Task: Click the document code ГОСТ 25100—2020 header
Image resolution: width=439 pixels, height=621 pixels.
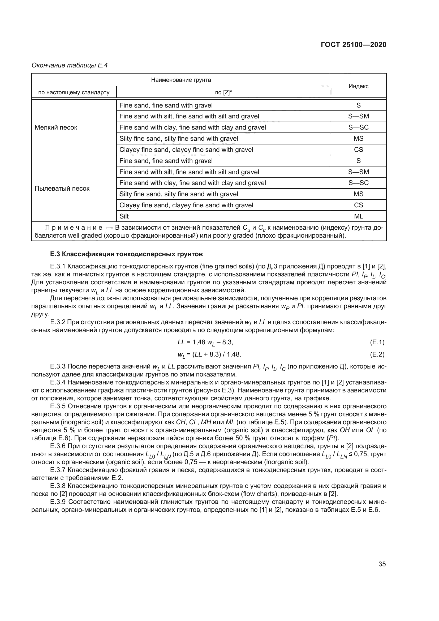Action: pos(353,45)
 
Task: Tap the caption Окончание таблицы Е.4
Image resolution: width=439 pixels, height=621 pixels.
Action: pos(70,65)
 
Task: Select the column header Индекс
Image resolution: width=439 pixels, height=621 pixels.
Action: pos(358,86)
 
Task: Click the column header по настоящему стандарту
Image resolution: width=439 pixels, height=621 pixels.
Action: pos(74,92)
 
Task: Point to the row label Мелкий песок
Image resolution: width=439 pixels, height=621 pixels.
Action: pos(56,127)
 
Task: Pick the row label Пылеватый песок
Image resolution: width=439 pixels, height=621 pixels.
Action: pos(62,189)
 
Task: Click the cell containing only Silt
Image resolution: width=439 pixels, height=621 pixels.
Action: pos(124,216)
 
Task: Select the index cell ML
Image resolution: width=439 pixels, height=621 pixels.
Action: pos(358,216)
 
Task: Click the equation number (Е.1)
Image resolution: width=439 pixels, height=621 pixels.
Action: pos(377,342)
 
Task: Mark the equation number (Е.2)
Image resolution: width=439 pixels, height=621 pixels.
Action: pos(377,354)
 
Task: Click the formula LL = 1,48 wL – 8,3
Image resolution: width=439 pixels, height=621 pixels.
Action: pos(205,342)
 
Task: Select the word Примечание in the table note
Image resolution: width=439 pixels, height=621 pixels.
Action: pos(74,228)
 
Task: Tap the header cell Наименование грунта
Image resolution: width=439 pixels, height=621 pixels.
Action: pos(181,80)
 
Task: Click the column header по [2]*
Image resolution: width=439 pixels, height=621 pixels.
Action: pos(223,92)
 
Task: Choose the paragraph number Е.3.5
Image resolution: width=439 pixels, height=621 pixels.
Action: pos(58,406)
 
